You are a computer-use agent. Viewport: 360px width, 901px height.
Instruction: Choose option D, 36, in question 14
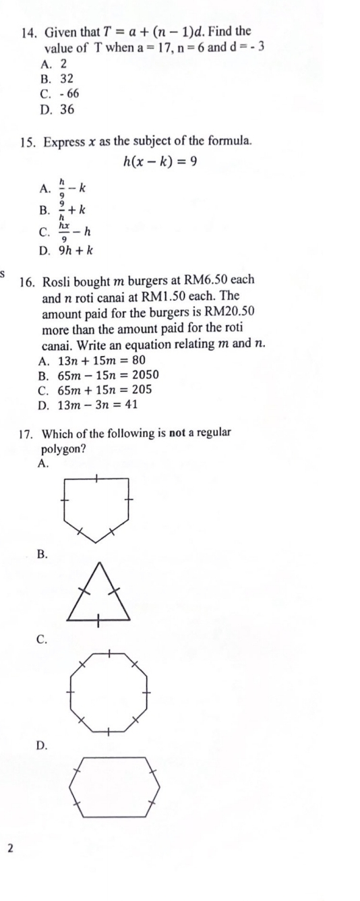pyautogui.click(x=67, y=109)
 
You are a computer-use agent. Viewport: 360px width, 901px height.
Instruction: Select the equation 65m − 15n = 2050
pyautogui.click(x=103, y=374)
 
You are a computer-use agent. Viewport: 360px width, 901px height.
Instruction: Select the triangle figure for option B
pyautogui.click(x=98, y=596)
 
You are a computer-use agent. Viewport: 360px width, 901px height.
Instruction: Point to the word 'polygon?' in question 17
pyautogui.click(x=64, y=448)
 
